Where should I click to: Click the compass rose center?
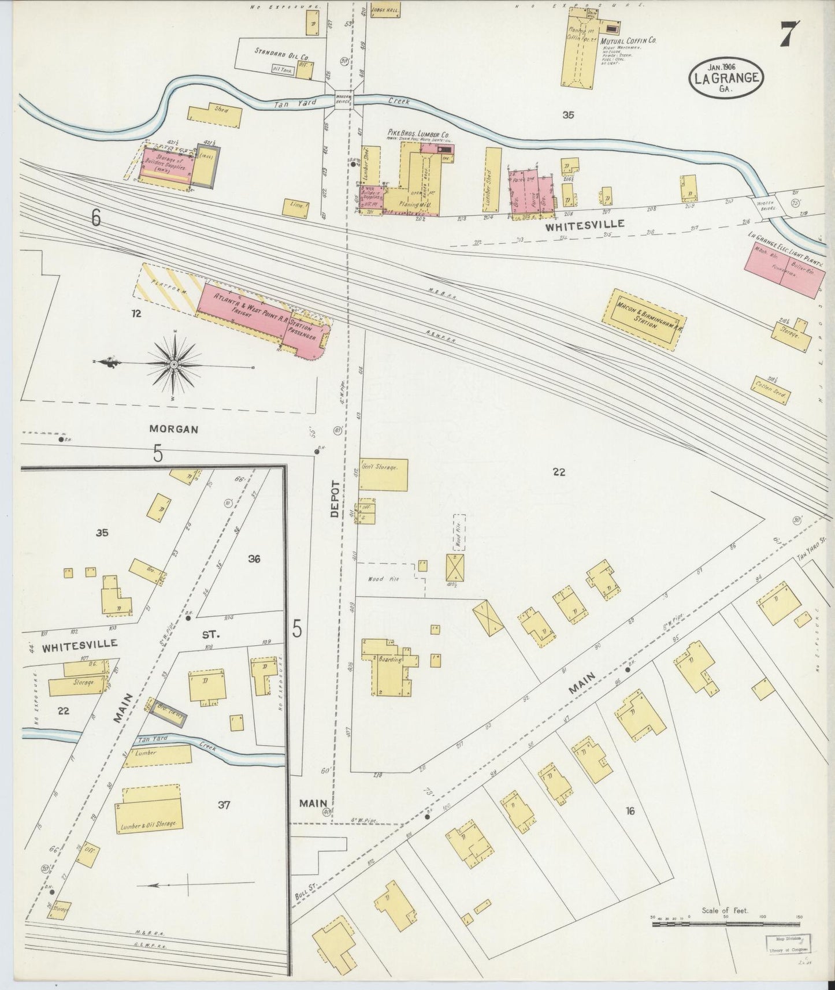click(173, 364)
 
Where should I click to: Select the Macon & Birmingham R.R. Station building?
click(644, 319)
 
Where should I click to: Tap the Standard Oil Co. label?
click(281, 51)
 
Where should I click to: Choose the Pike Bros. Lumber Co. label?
click(418, 133)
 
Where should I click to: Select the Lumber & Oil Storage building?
click(149, 807)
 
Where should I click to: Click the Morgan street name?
click(174, 429)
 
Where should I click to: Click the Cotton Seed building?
click(771, 390)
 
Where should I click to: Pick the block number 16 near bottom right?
click(629, 811)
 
